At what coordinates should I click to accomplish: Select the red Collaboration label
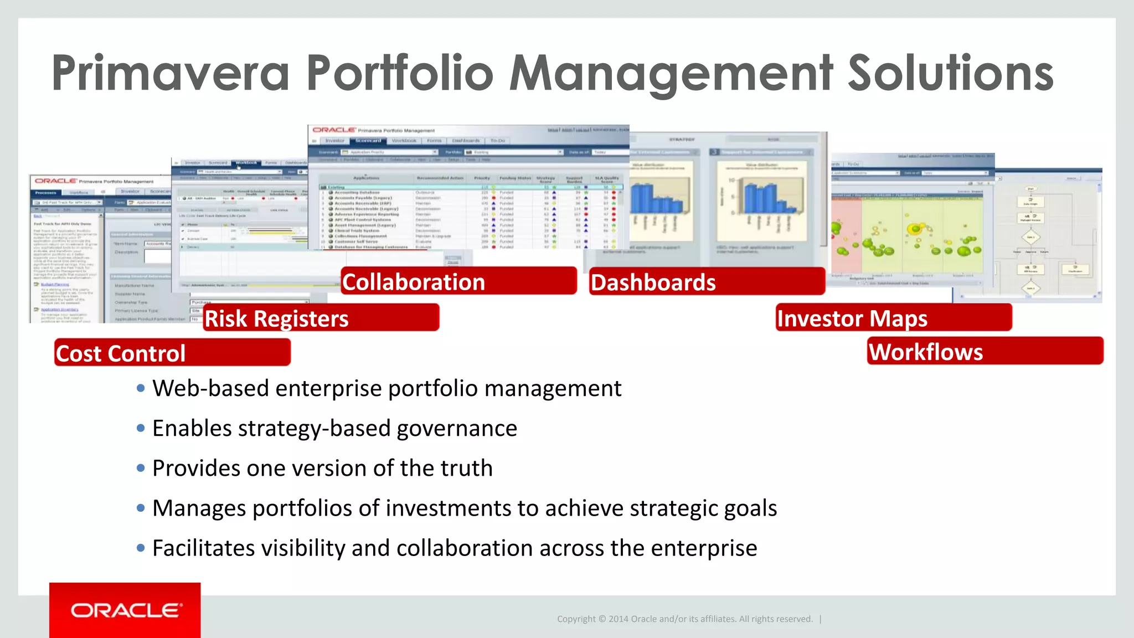(x=458, y=281)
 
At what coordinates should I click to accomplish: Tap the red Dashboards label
(x=707, y=282)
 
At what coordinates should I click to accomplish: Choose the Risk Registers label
(x=321, y=318)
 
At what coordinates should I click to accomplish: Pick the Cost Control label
(x=172, y=353)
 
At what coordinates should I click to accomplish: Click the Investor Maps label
(x=893, y=318)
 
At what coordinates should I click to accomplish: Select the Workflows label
(x=984, y=351)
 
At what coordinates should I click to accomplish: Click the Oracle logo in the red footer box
(x=126, y=610)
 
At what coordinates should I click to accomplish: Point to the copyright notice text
(x=684, y=619)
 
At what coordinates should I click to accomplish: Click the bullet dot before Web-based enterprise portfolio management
(x=141, y=388)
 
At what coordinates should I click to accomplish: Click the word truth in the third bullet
(x=466, y=468)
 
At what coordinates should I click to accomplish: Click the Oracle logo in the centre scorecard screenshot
(x=333, y=130)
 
